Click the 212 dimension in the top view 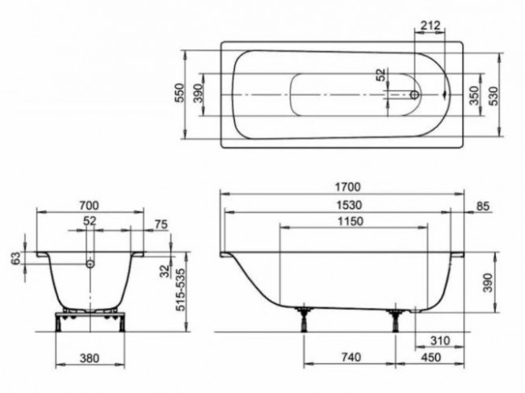pyautogui.click(x=430, y=26)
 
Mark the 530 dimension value pyautogui.click(x=506, y=95)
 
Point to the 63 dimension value pyautogui.click(x=15, y=258)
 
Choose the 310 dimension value pyautogui.click(x=439, y=340)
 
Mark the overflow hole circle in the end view pyautogui.click(x=90, y=262)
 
